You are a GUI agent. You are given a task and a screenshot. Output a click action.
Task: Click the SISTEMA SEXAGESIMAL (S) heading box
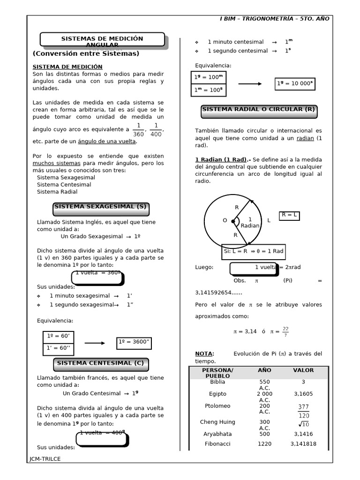100,207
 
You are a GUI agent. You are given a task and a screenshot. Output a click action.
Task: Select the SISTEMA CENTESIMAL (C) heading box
100,363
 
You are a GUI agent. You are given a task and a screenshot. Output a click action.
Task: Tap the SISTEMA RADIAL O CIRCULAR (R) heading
259,110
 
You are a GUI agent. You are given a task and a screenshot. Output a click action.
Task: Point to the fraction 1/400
156,130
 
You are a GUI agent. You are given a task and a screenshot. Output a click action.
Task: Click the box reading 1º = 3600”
134,343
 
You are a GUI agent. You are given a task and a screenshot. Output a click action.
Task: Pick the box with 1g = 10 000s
295,84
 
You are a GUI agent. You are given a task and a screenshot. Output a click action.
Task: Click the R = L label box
290,215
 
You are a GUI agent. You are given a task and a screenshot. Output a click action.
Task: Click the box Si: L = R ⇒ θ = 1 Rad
254,251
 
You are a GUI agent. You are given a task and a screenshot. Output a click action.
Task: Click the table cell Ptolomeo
217,406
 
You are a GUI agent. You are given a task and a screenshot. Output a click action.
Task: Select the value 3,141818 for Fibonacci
303,444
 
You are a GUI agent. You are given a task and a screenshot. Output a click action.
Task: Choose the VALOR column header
303,370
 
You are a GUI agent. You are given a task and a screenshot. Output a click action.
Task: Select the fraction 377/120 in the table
303,411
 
